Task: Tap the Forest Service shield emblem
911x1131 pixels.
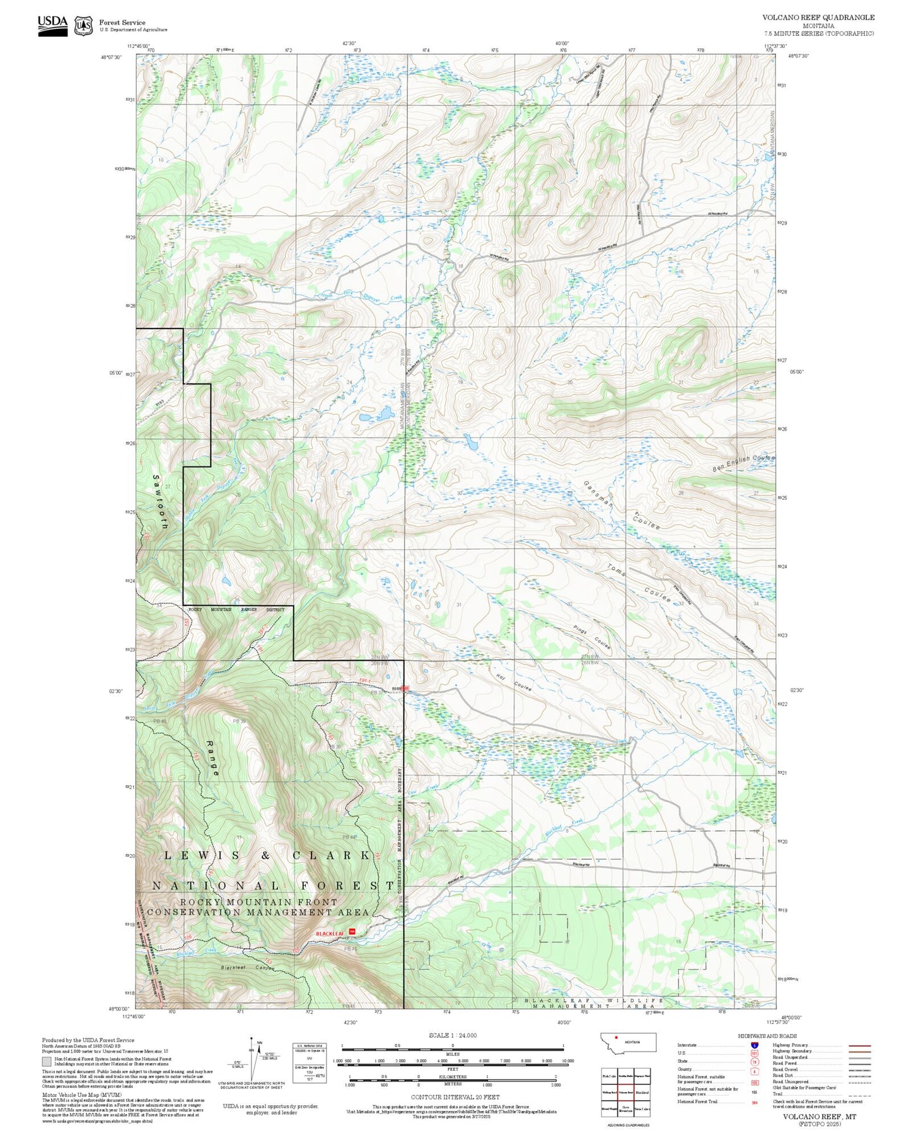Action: [83, 25]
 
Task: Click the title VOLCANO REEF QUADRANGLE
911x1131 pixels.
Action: [818, 17]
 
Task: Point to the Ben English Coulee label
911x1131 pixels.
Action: [743, 463]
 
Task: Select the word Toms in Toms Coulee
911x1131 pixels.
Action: [617, 571]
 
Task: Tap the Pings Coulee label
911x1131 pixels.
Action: [592, 638]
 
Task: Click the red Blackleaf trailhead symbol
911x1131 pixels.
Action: [353, 931]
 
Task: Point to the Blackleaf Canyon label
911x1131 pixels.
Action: [248, 968]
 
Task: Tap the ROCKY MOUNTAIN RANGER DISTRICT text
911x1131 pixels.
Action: [236, 610]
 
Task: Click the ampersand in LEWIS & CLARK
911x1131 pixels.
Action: [265, 855]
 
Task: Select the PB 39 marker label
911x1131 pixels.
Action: [239, 721]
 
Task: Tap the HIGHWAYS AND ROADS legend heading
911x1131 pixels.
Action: [767, 1036]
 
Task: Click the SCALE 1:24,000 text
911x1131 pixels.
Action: [452, 1035]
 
